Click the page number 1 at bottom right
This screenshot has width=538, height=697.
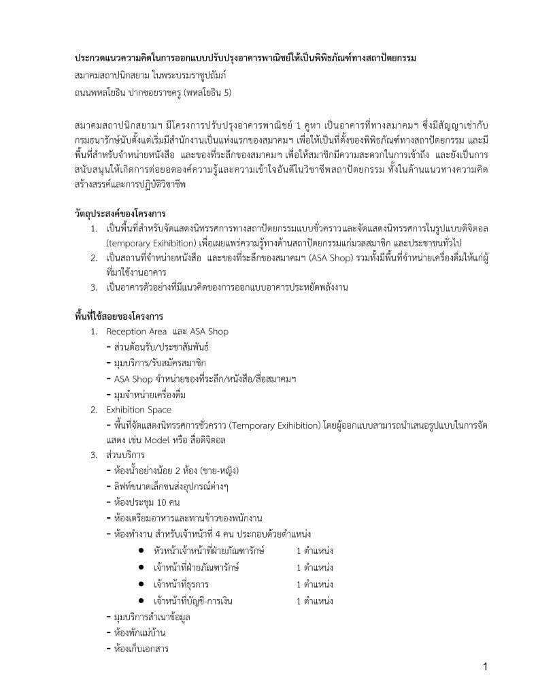(485, 667)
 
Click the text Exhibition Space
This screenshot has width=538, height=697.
(139, 410)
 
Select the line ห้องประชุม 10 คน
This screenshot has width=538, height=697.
(143, 503)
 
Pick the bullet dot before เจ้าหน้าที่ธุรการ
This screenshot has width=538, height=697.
(139, 584)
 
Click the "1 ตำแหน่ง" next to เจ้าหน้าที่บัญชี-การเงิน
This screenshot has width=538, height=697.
(314, 601)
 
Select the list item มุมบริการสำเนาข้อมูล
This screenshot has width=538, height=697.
(152, 617)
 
